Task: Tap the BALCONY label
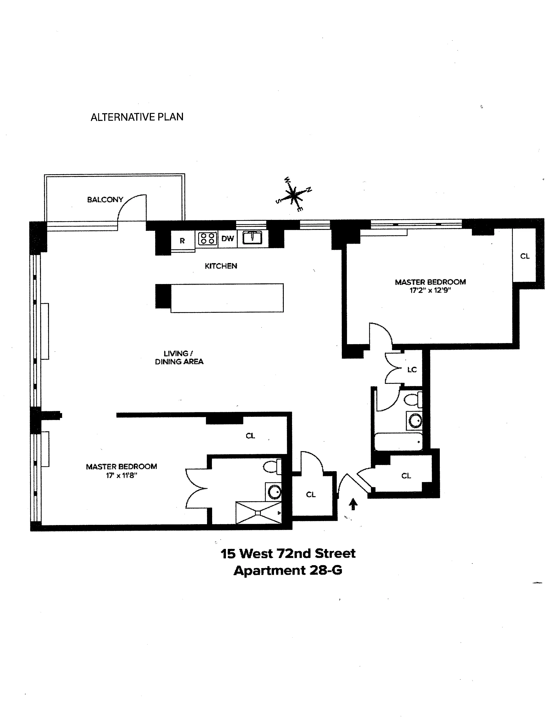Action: coord(105,200)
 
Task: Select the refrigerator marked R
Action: coord(182,241)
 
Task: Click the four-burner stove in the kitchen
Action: coord(207,239)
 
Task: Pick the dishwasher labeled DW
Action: coord(227,239)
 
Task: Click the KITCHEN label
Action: coord(221,266)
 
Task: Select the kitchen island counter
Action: coord(227,298)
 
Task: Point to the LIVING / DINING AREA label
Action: coord(179,358)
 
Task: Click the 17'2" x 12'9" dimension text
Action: coord(430,290)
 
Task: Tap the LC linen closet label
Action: coord(412,370)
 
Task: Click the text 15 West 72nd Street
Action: coord(288,554)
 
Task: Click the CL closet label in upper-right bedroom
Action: coord(525,256)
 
